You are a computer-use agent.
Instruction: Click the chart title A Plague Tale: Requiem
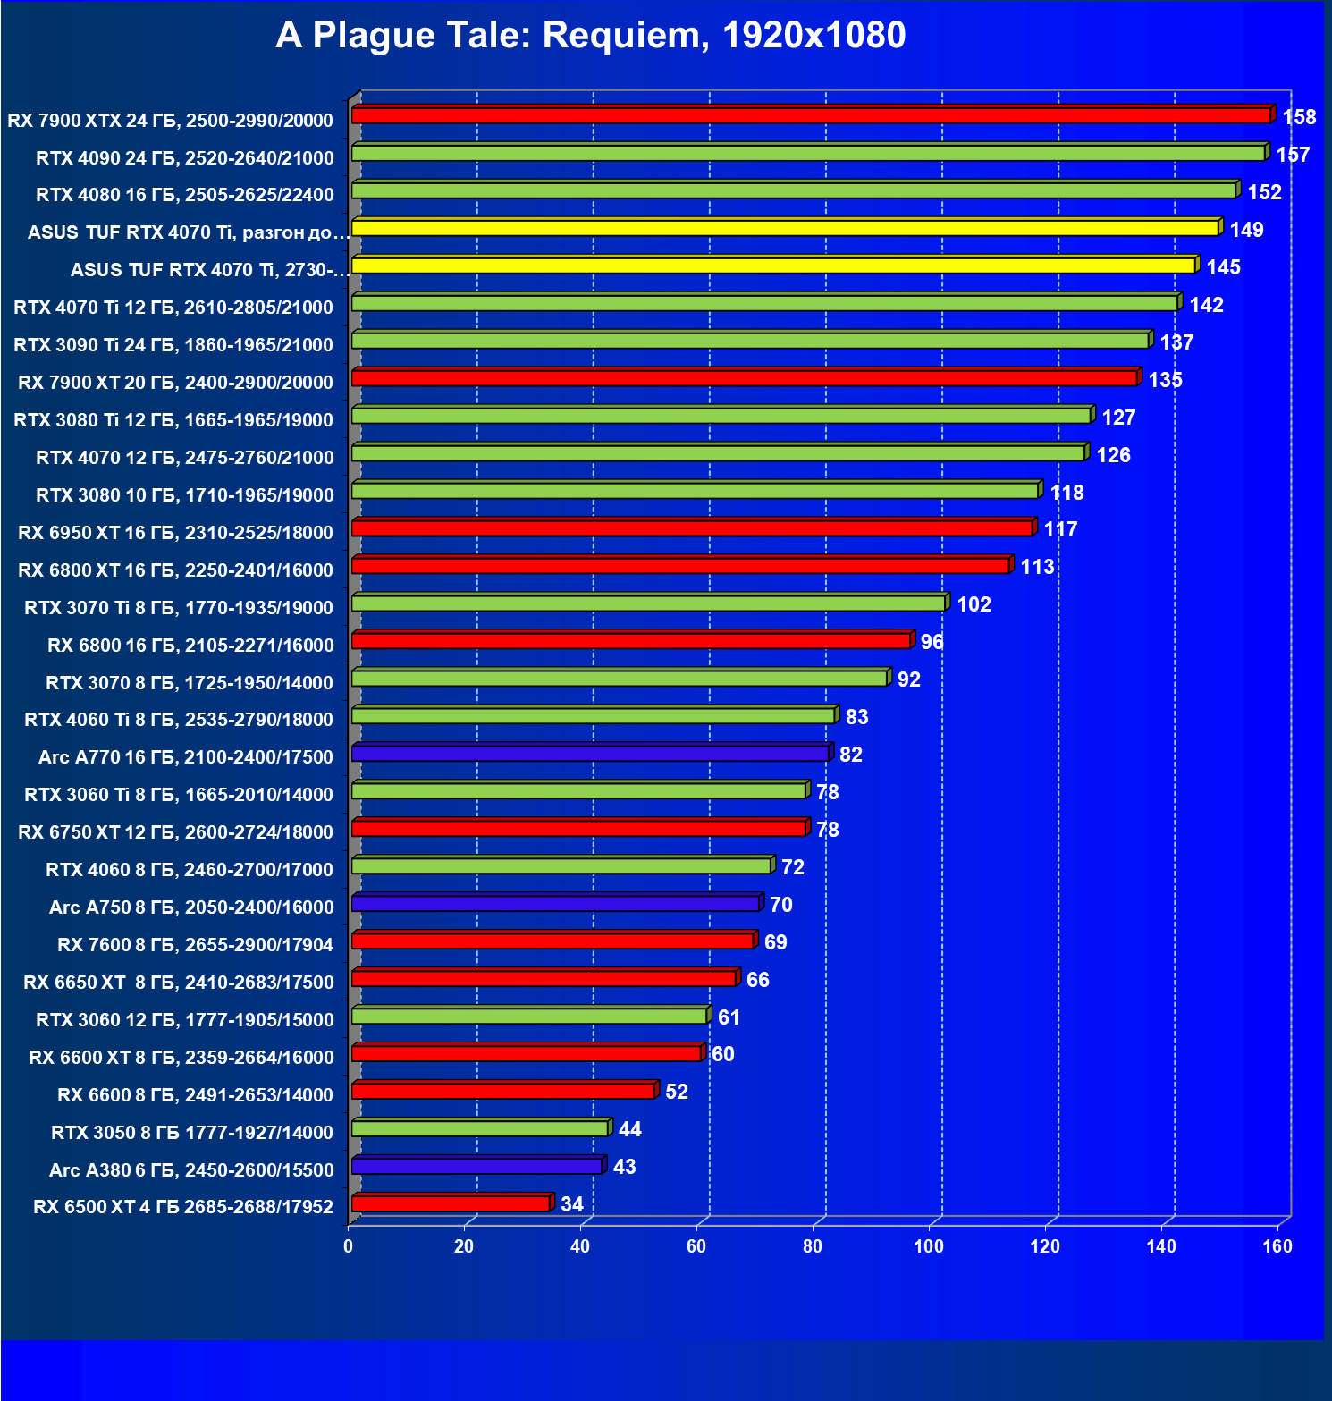coord(590,36)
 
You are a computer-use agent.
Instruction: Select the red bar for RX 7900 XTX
coord(811,116)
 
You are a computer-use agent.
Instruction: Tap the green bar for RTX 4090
coord(808,154)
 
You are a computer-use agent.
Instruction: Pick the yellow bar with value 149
coord(785,229)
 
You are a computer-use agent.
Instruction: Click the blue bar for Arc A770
coord(590,754)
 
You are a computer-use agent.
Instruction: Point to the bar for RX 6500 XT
coord(451,1204)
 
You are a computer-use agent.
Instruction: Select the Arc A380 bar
coord(476,1167)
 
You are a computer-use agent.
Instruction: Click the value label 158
coord(1299,117)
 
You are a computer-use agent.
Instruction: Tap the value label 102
coord(974,604)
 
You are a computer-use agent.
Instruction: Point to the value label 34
coord(572,1204)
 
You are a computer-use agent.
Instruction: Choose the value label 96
coord(932,642)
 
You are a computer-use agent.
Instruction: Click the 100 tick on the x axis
coord(929,1246)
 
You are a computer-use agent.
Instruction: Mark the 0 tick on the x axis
coord(349,1246)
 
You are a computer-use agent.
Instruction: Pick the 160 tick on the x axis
coord(1277,1246)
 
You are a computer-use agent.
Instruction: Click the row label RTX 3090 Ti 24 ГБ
coord(173,345)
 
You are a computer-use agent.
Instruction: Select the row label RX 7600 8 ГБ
coord(195,945)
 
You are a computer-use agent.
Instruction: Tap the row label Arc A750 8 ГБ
coord(191,907)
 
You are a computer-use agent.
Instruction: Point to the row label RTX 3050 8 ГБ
coord(192,1133)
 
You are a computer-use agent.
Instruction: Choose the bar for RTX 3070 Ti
coord(648,603)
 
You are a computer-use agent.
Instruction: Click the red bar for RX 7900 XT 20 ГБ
coord(744,378)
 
